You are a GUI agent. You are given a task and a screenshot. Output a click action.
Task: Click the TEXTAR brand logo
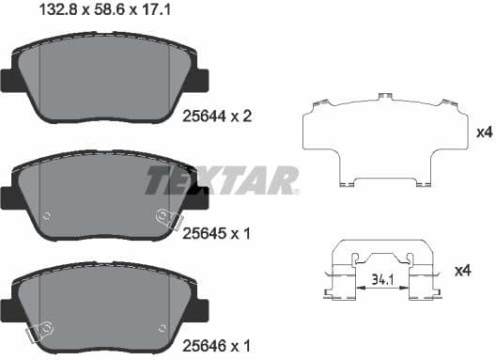pos(222,179)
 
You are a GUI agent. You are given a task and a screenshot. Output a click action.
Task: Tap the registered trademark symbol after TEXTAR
pos(297,191)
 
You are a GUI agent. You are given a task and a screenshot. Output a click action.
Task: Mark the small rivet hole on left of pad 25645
pos(45,215)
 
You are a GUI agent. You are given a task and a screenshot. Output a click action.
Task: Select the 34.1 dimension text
pos(382,280)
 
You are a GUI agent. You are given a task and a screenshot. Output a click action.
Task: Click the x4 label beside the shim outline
pos(485,133)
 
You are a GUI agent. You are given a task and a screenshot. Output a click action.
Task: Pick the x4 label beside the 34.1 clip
pos(462,272)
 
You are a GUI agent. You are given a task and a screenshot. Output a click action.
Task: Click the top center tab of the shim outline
pos(383,97)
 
